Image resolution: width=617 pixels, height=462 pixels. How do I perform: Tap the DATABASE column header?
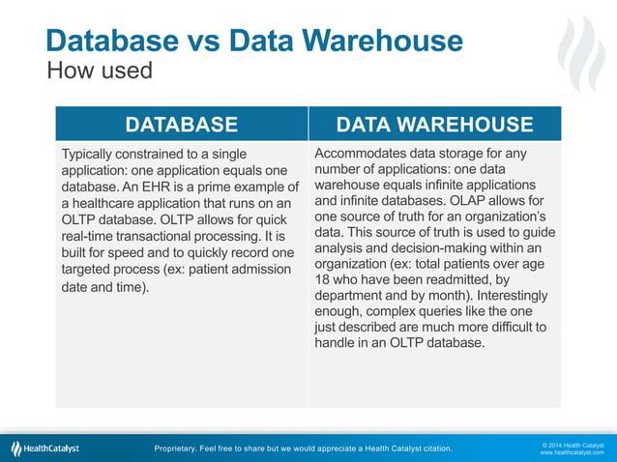pos(181,124)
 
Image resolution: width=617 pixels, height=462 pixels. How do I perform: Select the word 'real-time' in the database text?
pos(91,236)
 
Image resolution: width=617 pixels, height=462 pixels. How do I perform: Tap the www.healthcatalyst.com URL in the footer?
pos(572,452)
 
